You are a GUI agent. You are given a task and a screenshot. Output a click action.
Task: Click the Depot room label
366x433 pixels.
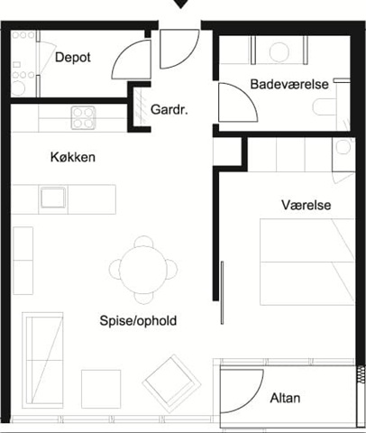click(73, 57)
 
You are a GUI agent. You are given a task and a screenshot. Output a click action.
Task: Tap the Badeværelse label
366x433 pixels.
click(289, 84)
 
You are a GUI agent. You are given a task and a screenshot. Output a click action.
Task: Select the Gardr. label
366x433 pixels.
click(169, 109)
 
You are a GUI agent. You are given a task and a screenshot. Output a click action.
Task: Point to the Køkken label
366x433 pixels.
click(73, 157)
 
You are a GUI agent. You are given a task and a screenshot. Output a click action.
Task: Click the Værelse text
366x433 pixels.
click(307, 205)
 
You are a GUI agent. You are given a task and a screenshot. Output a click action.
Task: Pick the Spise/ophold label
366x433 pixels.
click(138, 320)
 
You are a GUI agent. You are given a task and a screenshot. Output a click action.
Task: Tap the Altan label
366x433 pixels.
click(285, 398)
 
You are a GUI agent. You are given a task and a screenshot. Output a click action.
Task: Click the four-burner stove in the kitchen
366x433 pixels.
click(83, 117)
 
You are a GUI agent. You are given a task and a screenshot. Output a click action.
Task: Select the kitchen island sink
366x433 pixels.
click(53, 198)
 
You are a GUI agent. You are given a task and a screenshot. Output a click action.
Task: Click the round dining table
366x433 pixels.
click(142, 269)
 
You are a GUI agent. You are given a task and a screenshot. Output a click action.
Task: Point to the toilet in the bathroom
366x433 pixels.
click(325, 106)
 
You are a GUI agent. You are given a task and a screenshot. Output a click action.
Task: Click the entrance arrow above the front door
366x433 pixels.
click(180, 4)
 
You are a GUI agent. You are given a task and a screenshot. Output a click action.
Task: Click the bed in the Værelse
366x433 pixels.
click(307, 262)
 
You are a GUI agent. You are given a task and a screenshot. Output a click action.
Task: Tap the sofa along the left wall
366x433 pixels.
click(42, 360)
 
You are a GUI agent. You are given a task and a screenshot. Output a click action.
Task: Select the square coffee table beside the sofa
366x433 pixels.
click(101, 389)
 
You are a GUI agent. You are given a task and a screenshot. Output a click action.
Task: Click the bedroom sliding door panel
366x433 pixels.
click(222, 292)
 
